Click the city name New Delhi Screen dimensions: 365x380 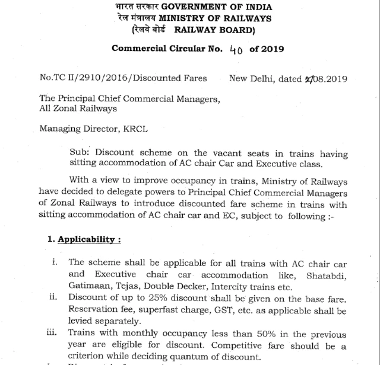click(x=255, y=78)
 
